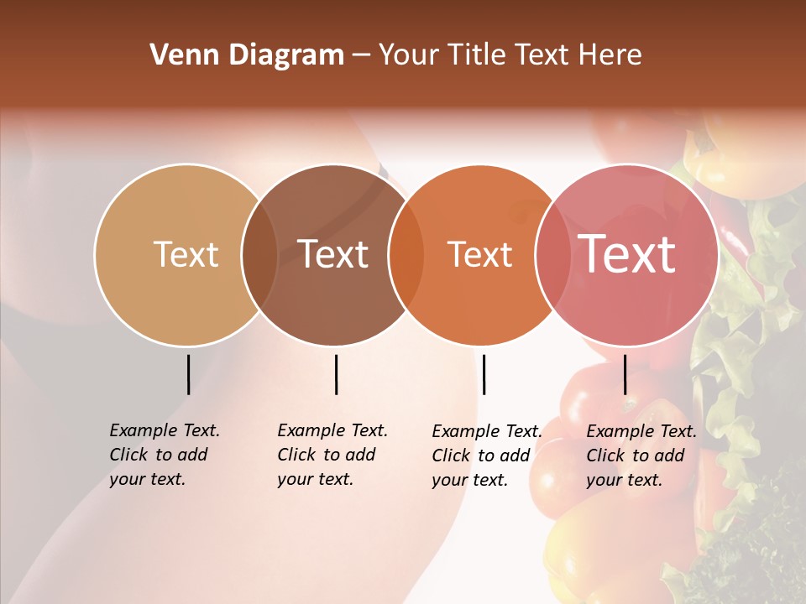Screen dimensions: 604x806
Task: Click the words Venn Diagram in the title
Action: [x=247, y=55]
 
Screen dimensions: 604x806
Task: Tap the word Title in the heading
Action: [x=479, y=55]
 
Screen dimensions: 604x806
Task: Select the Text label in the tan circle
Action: [x=186, y=254]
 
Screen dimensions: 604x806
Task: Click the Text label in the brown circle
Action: [x=333, y=254]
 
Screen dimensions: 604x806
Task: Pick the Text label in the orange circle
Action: [x=479, y=254]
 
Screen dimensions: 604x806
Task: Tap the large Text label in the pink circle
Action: [x=627, y=253]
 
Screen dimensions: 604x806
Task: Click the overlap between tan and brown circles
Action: [x=259, y=254]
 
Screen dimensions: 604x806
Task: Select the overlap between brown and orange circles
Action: [x=406, y=254]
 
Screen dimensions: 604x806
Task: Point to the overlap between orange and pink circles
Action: [x=552, y=254]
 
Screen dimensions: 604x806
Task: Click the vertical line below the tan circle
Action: [x=188, y=374]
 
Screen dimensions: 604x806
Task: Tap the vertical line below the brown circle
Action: [x=336, y=374]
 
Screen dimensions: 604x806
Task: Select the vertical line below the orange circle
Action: [x=484, y=374]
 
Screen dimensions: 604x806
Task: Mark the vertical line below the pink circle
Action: [x=625, y=374]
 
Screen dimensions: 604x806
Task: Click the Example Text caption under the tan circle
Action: [x=165, y=455]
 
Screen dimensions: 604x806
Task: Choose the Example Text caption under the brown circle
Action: [x=332, y=455]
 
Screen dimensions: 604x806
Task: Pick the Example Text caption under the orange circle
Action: [x=487, y=456]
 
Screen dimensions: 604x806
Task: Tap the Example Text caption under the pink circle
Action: [x=641, y=456]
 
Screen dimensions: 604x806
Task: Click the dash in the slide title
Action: [x=361, y=55]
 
